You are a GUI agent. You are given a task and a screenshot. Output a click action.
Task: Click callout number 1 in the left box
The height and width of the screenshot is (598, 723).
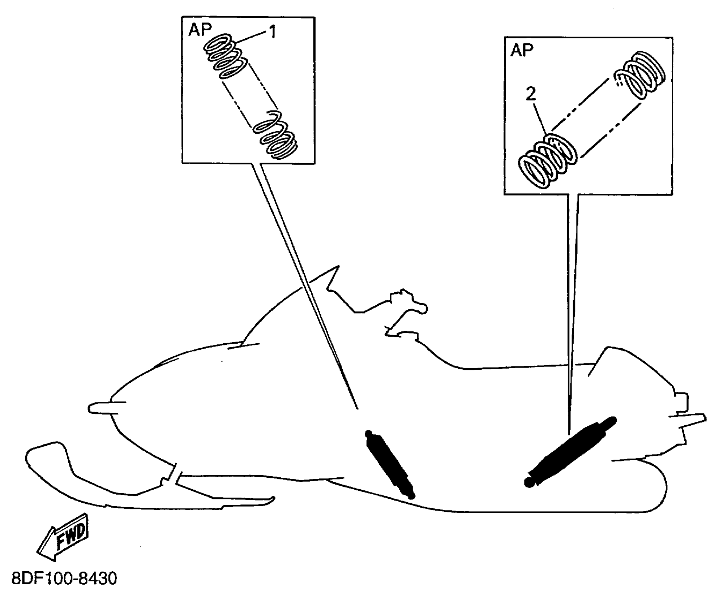point(272,32)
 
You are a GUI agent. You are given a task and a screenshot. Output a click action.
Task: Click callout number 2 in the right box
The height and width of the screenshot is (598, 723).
point(531,94)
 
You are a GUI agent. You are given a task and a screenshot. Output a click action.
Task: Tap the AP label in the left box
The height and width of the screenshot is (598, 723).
point(200,30)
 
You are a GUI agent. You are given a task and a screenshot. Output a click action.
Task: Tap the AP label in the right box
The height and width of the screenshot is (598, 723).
point(522,50)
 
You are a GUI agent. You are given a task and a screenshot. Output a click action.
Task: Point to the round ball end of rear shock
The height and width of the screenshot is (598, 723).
point(528,483)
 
